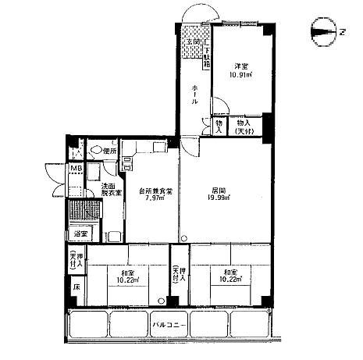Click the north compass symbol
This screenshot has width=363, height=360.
pos(322,32)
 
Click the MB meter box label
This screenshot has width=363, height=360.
pos(77,169)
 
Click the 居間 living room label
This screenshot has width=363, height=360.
pos(218,190)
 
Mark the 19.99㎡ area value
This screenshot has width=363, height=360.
pos(219,198)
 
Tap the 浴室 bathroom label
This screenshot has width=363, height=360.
pos(80,233)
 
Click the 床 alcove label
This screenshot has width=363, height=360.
pos(77,288)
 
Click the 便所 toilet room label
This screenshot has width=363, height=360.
pos(109,151)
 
